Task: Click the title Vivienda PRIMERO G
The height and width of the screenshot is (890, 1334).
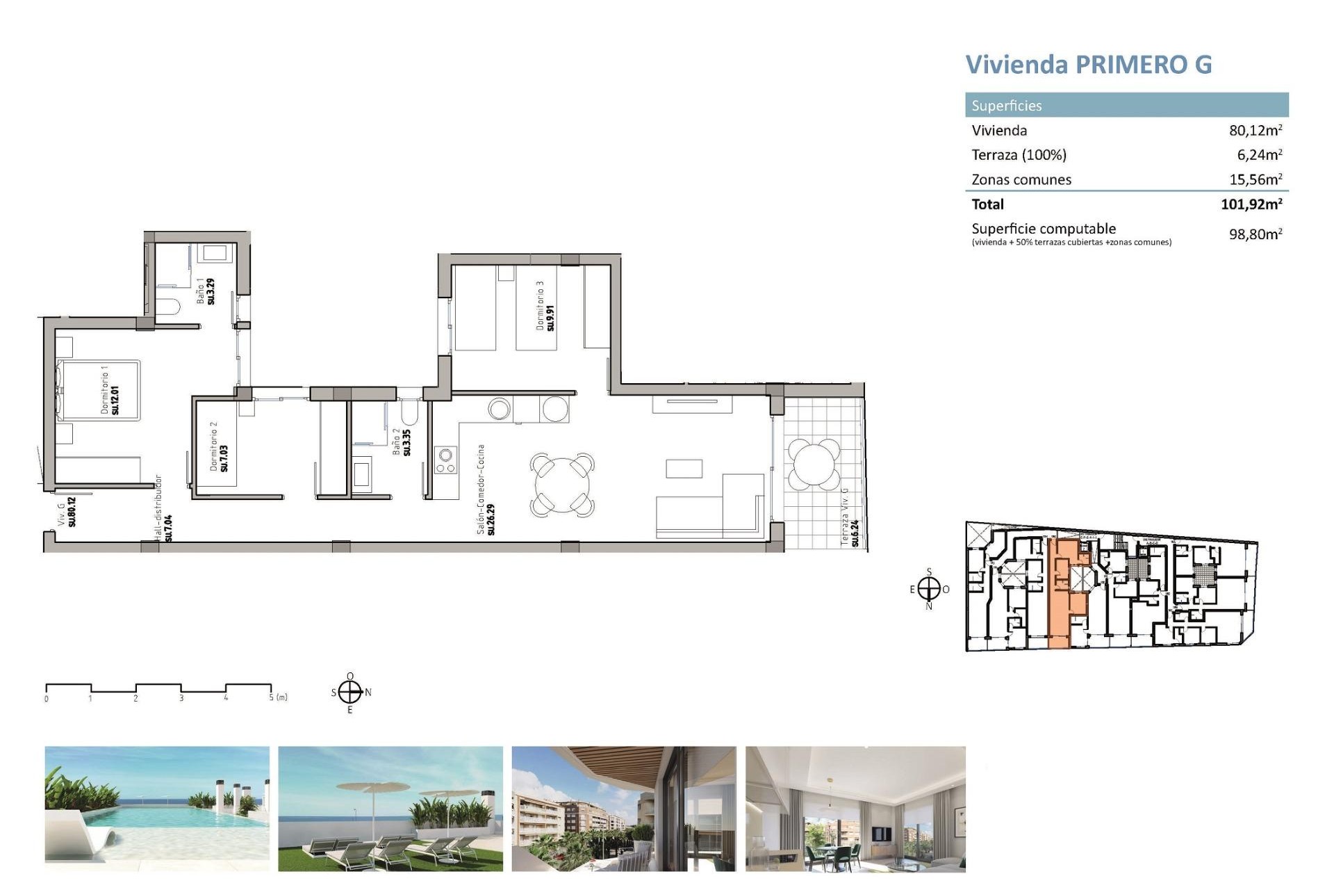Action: (1088, 65)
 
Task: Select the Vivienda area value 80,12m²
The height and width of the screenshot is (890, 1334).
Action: (1255, 130)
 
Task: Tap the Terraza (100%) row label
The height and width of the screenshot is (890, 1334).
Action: (1019, 155)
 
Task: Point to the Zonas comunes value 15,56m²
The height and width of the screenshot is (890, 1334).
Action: (1255, 179)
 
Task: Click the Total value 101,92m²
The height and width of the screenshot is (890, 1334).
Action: (1251, 204)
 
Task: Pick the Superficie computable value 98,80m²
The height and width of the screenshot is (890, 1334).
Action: (1255, 234)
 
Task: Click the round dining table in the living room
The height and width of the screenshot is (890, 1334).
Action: (562, 483)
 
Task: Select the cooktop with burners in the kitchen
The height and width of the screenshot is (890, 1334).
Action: (445, 460)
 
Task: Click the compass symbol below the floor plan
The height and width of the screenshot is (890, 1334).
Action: (350, 693)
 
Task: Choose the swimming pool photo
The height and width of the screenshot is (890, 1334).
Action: (157, 809)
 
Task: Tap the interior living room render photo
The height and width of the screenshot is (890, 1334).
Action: (855, 809)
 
